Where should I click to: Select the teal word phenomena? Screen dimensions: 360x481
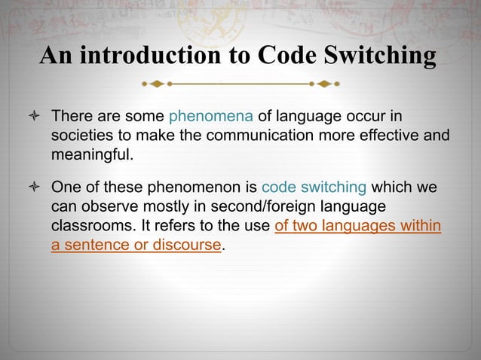tap(211, 117)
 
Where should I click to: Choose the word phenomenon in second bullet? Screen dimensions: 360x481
tap(204, 188)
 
